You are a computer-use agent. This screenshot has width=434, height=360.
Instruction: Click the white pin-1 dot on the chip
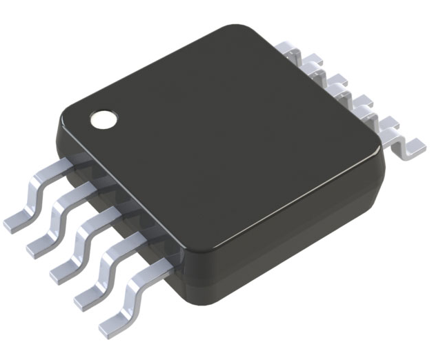[x=105, y=119]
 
